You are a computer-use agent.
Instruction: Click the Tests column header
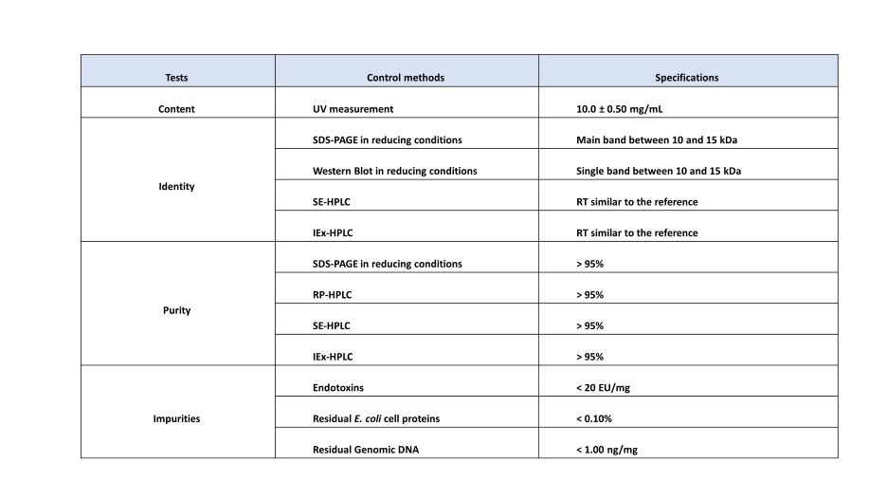coord(176,78)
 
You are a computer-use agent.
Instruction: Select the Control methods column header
coord(406,78)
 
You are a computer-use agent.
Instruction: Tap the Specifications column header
coord(687,78)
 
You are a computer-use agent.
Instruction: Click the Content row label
coord(176,109)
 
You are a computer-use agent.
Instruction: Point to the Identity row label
coord(176,187)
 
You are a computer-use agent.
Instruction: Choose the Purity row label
coord(176,310)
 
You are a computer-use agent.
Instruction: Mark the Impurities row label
coord(176,418)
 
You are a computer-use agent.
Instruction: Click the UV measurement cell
coord(353,109)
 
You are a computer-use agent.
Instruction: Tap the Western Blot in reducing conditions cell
coord(394,172)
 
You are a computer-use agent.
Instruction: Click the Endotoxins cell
coord(338,388)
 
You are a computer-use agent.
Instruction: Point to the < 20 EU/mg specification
coord(604,388)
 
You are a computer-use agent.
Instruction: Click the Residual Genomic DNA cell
coord(365,450)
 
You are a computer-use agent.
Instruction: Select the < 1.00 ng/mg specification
coord(606,450)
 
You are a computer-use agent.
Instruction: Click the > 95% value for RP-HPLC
coord(589,295)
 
